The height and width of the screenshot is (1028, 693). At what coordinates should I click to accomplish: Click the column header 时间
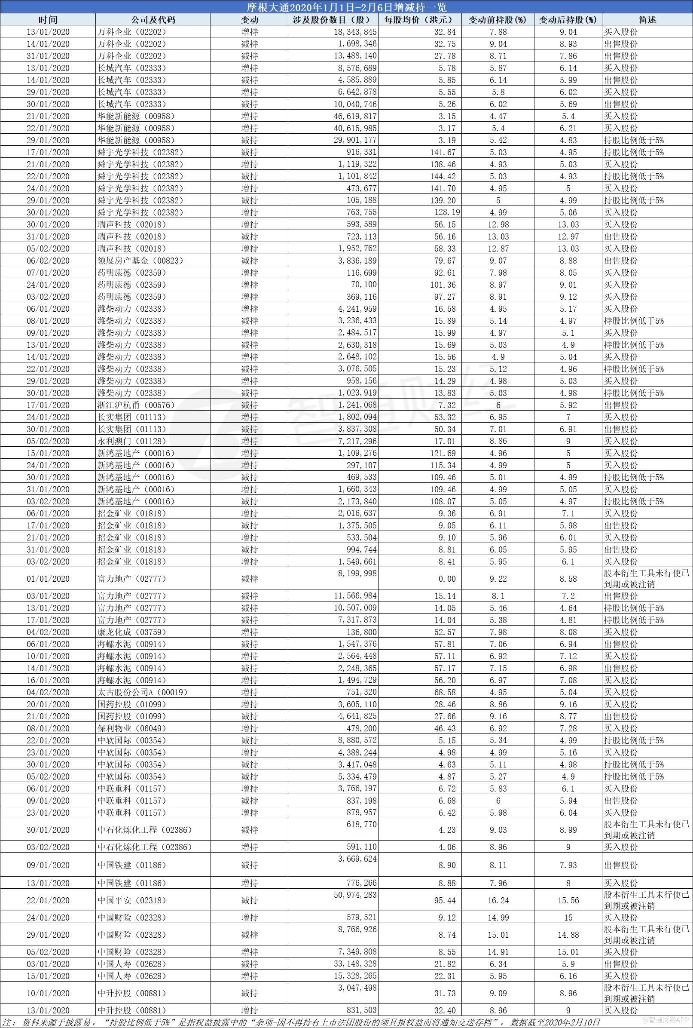(48, 20)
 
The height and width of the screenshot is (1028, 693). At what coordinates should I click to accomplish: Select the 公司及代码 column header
(153, 20)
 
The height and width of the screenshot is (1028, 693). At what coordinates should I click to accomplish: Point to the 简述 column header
(647, 20)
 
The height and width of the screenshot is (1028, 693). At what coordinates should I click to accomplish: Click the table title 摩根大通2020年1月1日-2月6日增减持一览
(346, 7)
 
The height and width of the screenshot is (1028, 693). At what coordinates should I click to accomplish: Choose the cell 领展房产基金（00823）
(140, 261)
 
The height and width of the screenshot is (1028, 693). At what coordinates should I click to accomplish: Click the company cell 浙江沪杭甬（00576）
(136, 405)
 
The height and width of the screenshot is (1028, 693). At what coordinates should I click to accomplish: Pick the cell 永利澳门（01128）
(132, 441)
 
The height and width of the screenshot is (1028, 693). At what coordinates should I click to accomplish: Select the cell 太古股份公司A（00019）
(143, 692)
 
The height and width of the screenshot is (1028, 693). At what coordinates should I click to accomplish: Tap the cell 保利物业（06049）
(132, 728)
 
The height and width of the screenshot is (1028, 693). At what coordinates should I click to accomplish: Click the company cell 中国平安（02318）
(132, 900)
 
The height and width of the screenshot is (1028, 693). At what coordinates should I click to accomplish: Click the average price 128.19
(447, 212)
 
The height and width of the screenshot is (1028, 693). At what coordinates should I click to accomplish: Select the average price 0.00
(447, 579)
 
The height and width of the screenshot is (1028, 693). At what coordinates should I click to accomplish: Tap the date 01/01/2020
(48, 579)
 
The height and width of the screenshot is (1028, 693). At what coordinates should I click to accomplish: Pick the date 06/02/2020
(48, 261)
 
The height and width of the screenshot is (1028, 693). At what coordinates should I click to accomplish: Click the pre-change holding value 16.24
(498, 900)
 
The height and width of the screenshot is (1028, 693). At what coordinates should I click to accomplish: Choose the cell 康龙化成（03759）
(132, 632)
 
